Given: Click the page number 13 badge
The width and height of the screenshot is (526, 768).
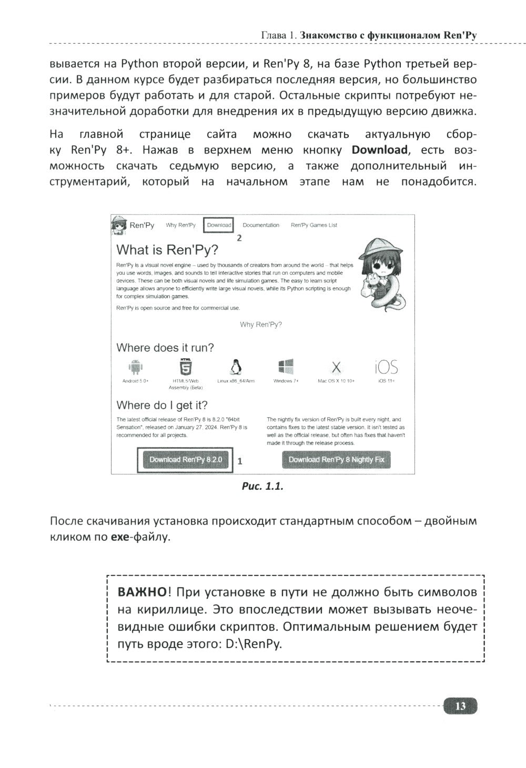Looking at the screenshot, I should tap(460, 706).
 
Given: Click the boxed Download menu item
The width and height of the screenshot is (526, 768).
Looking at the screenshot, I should tap(219, 225).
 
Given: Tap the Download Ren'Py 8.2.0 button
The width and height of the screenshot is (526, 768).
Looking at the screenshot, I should tap(185, 460).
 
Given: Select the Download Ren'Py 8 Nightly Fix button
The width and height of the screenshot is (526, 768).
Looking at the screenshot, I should tap(336, 460).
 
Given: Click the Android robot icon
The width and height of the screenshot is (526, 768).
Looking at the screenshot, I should tap(136, 367).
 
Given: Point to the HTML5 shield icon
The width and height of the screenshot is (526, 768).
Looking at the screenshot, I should tap(185, 366).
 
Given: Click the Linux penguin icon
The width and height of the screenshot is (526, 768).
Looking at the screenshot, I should tap(235, 367).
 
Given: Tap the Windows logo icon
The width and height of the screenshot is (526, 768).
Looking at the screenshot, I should tap(286, 366).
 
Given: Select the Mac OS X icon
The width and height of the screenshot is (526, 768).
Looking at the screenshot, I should tap(336, 367).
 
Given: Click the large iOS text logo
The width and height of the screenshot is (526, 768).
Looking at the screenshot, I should tap(386, 367).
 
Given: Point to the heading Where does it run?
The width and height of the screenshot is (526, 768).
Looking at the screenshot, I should tap(165, 348).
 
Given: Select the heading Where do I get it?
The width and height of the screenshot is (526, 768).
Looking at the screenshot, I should tap(161, 405).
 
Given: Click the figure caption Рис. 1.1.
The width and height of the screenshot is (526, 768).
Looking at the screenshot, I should tap(262, 487).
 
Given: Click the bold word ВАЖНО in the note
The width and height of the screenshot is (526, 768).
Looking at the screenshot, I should tap(142, 592).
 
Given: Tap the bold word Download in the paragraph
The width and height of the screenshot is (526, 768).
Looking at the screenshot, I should tap(379, 150).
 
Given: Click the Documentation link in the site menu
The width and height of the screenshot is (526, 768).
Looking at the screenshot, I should tap(261, 225).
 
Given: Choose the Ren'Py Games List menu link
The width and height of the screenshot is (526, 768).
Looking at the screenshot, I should tap(314, 225).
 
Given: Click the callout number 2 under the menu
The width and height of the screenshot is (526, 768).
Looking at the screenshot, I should tap(239, 238).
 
